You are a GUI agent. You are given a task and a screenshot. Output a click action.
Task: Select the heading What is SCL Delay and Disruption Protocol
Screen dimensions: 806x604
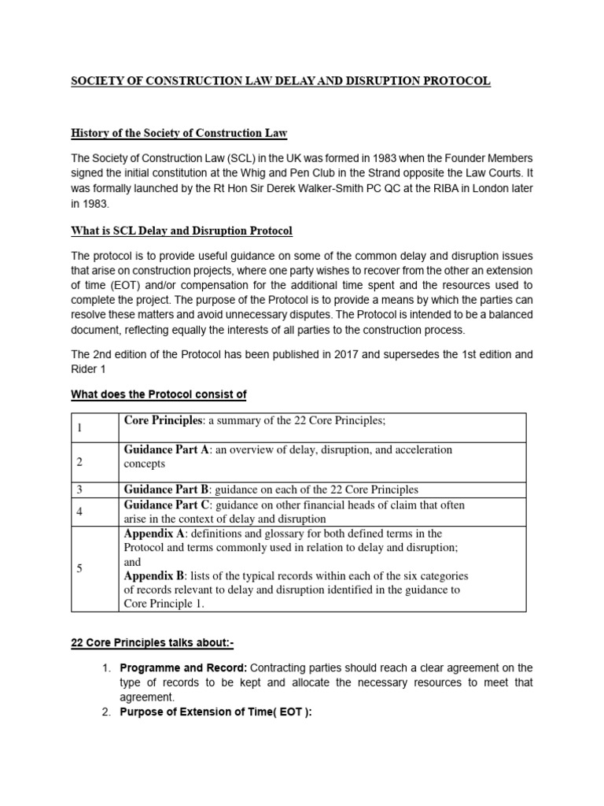[x=182, y=231]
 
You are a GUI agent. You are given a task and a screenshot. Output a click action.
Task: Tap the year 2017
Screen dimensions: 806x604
[x=368, y=355]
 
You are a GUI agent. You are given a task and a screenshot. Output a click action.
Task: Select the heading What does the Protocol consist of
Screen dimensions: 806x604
[x=160, y=394]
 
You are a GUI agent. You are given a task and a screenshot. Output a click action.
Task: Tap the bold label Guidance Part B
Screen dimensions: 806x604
[x=166, y=490]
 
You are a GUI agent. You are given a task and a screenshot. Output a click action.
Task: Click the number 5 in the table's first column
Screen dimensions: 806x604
[x=79, y=569]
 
